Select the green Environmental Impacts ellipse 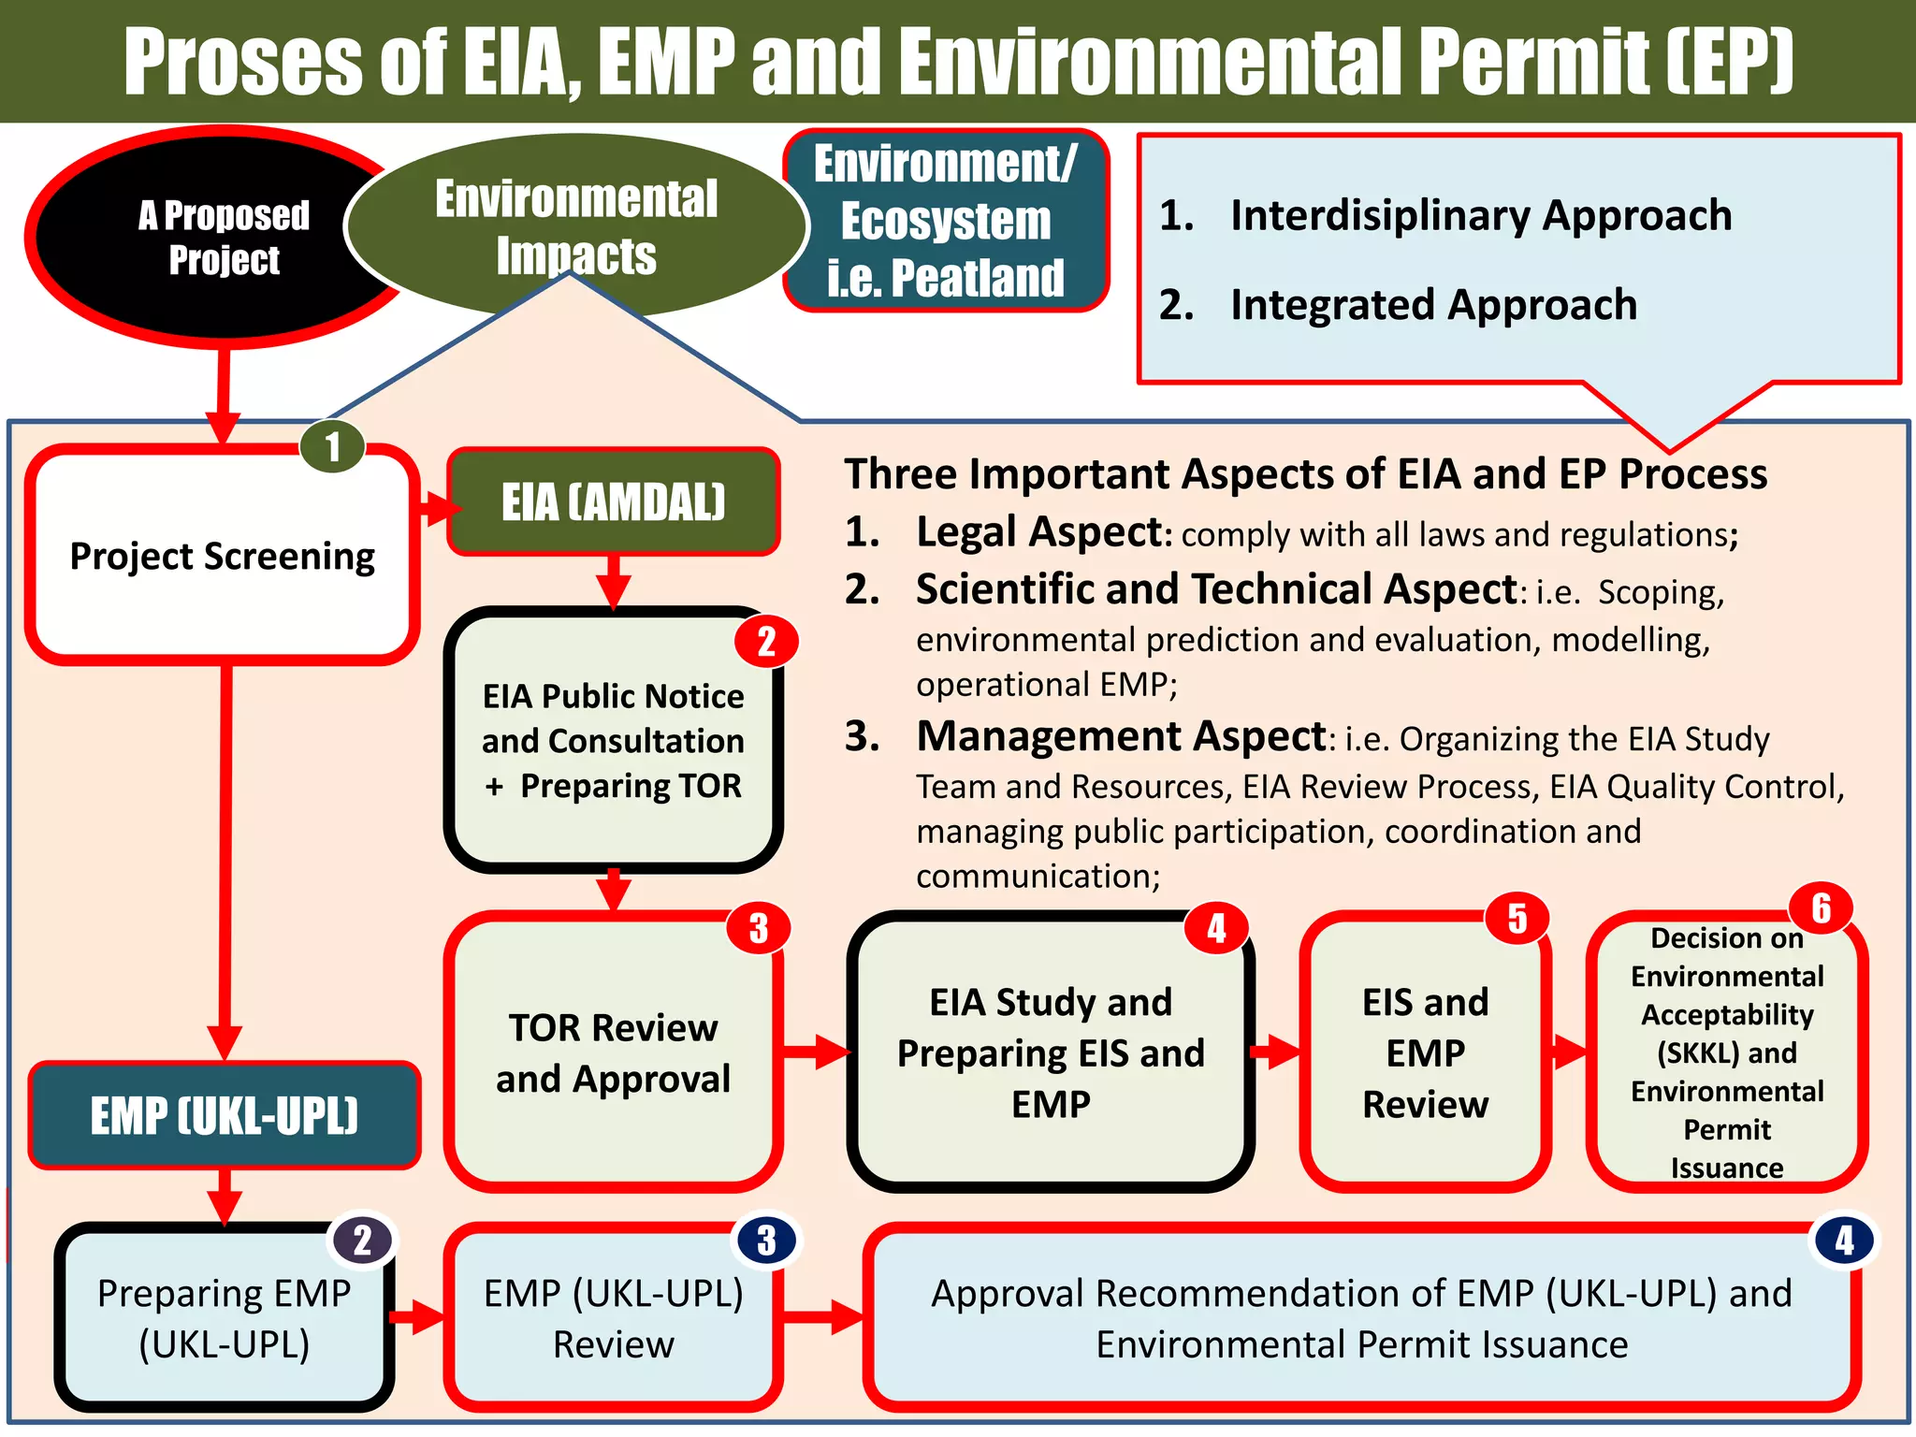click(575, 225)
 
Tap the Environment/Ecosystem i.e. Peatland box click(945, 221)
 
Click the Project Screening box click(222, 557)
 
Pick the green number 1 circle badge click(332, 447)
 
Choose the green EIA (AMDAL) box click(613, 501)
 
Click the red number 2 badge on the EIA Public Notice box click(766, 642)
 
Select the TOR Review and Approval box click(613, 1052)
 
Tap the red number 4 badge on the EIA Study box click(1215, 928)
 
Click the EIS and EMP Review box click(1425, 1052)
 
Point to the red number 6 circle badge click(1821, 907)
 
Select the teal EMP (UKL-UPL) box click(225, 1115)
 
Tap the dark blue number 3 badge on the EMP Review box click(766, 1241)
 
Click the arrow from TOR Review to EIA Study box click(816, 1052)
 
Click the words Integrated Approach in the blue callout click(1433, 305)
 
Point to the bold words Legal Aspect click(1038, 532)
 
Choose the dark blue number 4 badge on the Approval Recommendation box click(1844, 1241)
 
